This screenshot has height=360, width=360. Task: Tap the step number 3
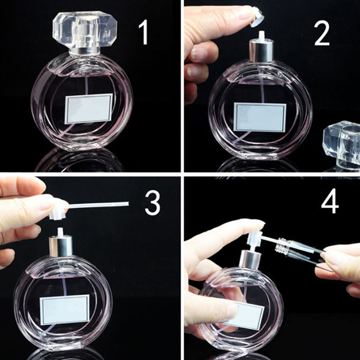click(153, 203)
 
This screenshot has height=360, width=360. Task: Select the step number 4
click(330, 201)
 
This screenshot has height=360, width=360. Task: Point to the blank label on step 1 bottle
click(89, 108)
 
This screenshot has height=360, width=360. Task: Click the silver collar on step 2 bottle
click(261, 50)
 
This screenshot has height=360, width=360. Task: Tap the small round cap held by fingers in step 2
click(257, 17)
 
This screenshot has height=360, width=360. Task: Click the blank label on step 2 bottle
click(260, 117)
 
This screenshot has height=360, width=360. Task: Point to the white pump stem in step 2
click(261, 35)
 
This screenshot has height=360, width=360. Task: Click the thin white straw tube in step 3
click(98, 205)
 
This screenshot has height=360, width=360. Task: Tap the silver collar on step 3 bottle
click(61, 246)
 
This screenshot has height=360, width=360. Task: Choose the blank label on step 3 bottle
click(64, 310)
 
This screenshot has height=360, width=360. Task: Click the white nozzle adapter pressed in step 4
click(254, 238)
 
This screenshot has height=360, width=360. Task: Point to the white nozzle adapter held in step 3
click(58, 211)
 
